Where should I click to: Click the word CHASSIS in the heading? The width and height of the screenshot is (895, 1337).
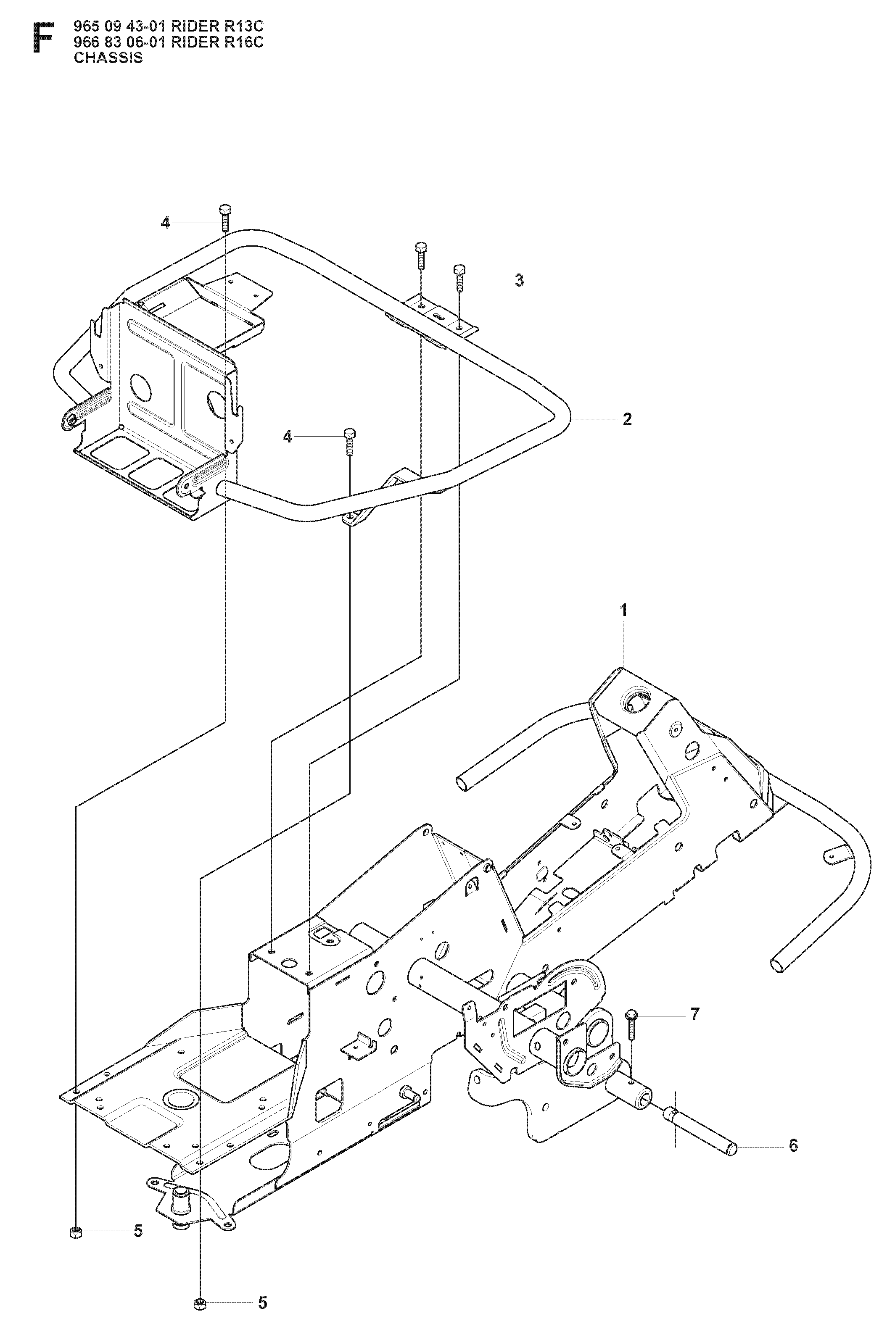(108, 58)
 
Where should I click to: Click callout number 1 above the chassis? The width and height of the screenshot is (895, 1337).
(623, 611)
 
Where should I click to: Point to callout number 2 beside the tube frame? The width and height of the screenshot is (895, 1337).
(627, 419)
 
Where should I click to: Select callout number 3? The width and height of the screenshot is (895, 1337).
(519, 280)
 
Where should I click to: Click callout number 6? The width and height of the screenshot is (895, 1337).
(793, 1145)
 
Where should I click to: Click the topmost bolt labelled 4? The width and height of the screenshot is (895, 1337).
(224, 217)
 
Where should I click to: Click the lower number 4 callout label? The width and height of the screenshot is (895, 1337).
(287, 437)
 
